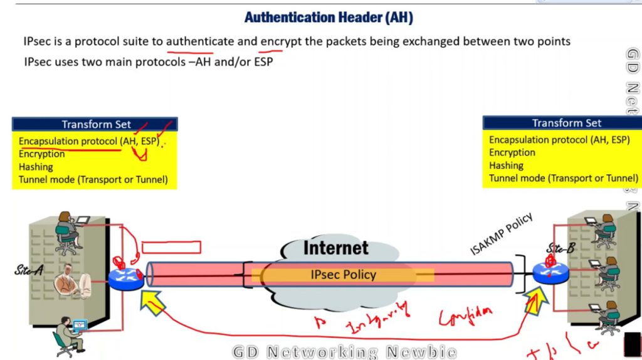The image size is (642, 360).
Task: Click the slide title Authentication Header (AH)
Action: click(x=329, y=18)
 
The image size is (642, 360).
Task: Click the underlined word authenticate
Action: click(x=200, y=41)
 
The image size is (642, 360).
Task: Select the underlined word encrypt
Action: click(x=280, y=41)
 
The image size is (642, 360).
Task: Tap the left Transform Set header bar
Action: click(x=95, y=124)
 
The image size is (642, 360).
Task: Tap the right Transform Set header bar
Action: click(x=566, y=123)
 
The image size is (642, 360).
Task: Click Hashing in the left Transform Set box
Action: click(x=36, y=167)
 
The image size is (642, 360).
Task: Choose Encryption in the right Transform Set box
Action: click(x=512, y=152)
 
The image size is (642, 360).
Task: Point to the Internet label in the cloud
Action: click(x=335, y=248)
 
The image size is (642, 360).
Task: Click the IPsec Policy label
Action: click(x=343, y=275)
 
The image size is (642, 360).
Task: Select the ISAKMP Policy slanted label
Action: click(x=501, y=234)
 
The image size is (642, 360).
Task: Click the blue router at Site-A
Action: click(x=126, y=276)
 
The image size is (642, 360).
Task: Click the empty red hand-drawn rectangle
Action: click(x=171, y=247)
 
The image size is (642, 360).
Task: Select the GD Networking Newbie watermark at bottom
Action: click(x=344, y=352)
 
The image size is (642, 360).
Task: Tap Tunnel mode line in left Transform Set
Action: click(x=93, y=180)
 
